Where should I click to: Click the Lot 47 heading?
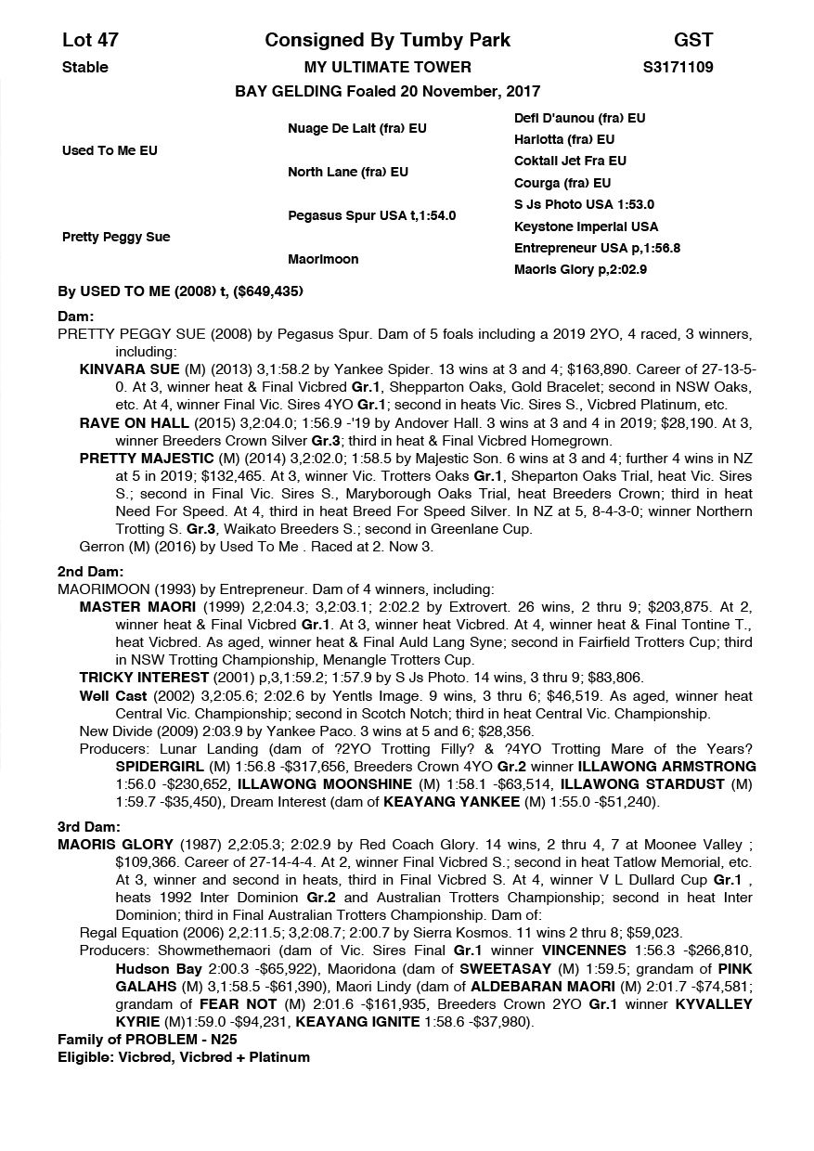coord(90,40)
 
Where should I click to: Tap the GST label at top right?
coord(693,40)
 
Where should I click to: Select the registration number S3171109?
coord(678,67)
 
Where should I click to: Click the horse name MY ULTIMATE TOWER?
coord(387,67)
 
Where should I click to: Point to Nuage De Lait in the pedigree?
coord(356,128)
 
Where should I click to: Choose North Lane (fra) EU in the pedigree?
coord(347,172)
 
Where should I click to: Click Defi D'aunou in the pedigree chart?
coord(579,118)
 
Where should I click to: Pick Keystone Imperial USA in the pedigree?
coord(586,226)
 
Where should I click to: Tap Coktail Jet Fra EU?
coord(570,161)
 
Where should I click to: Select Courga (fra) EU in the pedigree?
coord(562,183)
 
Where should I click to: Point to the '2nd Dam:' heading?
coord(90,572)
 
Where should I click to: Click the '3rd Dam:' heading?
coord(89,827)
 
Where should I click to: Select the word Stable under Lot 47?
coord(84,67)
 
